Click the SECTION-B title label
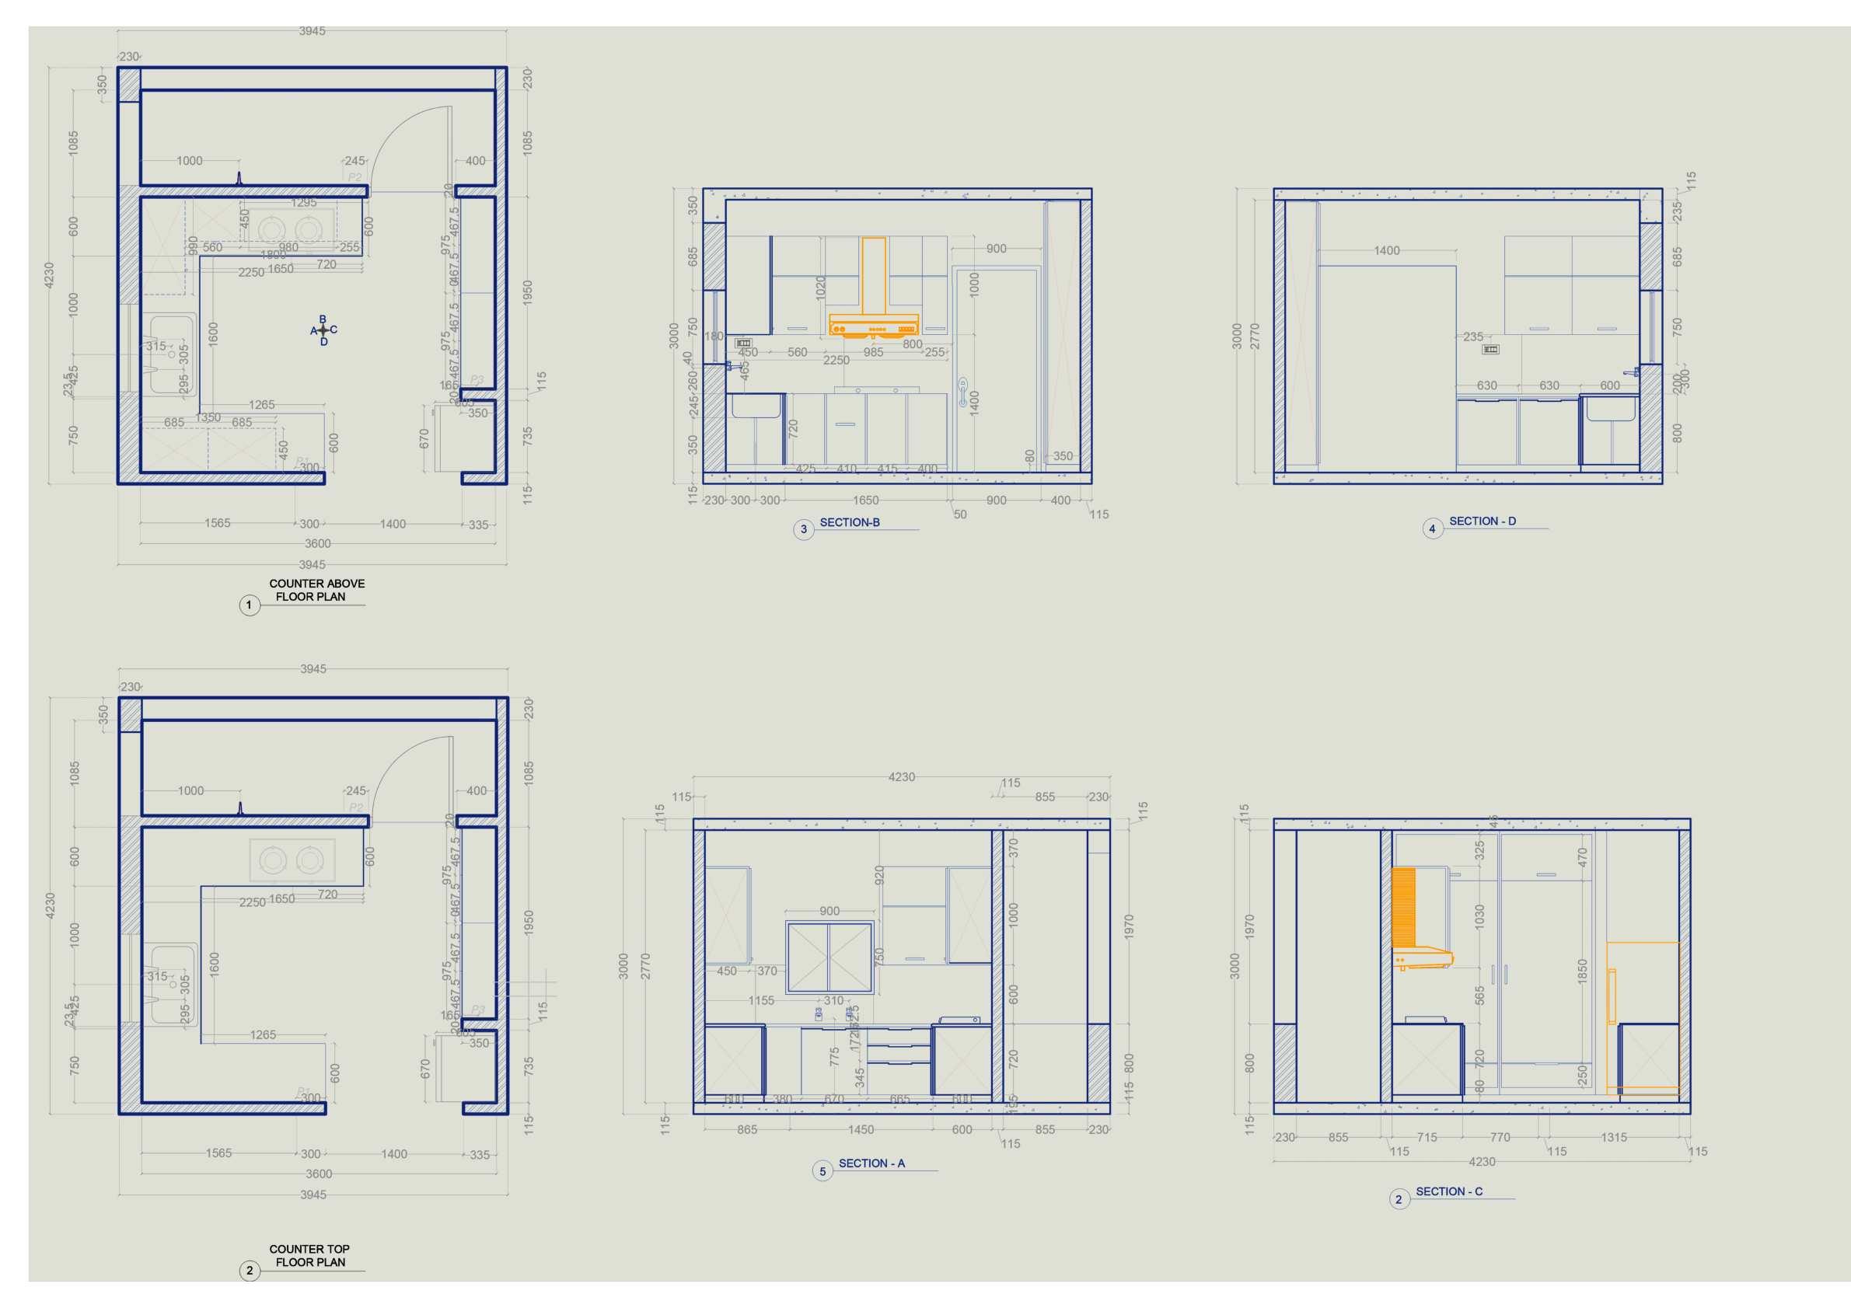click(x=849, y=522)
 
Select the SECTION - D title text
click(x=1482, y=521)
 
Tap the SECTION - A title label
click(x=871, y=1163)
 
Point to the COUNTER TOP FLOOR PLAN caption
click(x=309, y=1256)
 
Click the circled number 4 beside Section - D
click(x=1432, y=528)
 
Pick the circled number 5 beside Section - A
click(x=822, y=1171)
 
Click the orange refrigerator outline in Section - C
click(x=1642, y=1017)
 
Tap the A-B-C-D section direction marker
click(x=323, y=330)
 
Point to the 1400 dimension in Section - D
click(x=1387, y=250)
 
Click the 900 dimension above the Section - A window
click(x=829, y=912)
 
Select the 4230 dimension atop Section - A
click(x=901, y=777)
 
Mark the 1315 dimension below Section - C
click(x=1613, y=1137)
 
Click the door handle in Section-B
click(x=962, y=392)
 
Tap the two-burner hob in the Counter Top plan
click(x=291, y=860)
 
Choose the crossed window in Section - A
click(x=829, y=958)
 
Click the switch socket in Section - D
click(x=1490, y=349)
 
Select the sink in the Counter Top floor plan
click(x=171, y=985)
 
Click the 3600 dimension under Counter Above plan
click(x=318, y=544)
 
